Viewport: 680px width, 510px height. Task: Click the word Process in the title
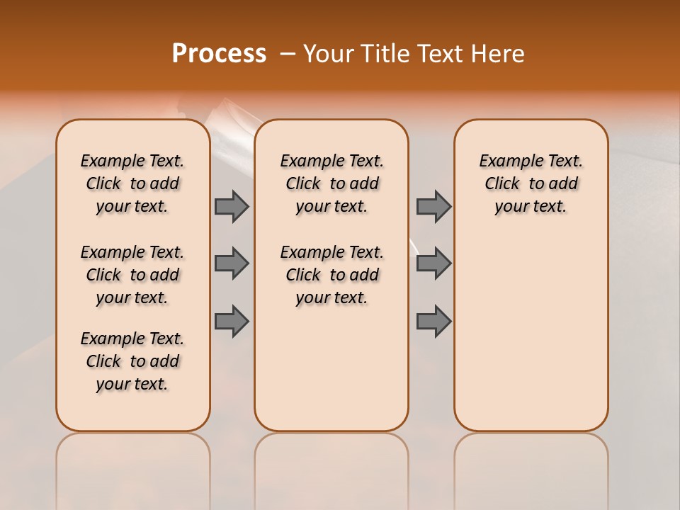click(218, 54)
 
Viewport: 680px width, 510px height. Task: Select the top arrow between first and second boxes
click(232, 206)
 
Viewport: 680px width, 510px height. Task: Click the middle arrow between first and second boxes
click(232, 263)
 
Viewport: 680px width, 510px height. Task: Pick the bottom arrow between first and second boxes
click(232, 321)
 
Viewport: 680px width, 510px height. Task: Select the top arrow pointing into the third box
click(433, 206)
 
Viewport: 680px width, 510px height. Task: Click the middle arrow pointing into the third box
click(433, 263)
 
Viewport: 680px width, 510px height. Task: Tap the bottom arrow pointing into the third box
click(433, 321)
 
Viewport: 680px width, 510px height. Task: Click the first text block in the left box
click(132, 183)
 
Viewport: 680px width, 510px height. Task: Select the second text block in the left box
click(132, 275)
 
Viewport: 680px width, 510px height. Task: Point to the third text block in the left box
click(132, 361)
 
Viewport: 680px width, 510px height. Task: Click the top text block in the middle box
click(331, 183)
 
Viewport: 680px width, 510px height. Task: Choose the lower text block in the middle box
click(331, 275)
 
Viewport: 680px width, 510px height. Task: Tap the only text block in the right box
click(531, 183)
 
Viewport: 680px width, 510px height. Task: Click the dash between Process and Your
click(287, 54)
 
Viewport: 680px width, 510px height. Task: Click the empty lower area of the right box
click(531, 333)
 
